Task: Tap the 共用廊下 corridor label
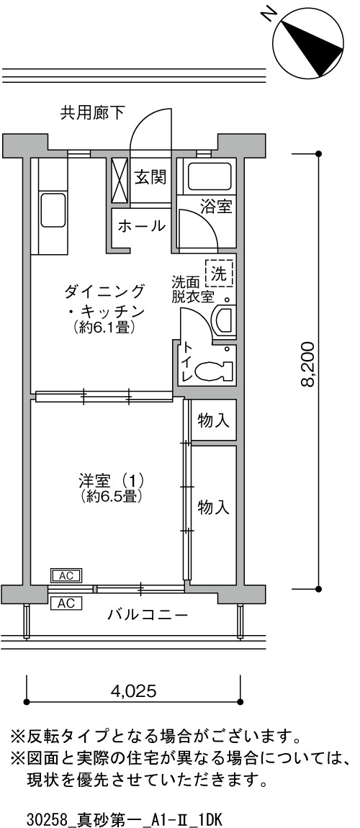pyautogui.click(x=92, y=112)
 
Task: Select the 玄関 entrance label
pyautogui.click(x=150, y=177)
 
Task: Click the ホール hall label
pyautogui.click(x=141, y=227)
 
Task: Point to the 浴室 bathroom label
pyautogui.click(x=216, y=207)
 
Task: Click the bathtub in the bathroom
pyautogui.click(x=210, y=176)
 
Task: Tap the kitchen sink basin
pyautogui.click(x=53, y=210)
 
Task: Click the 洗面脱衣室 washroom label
pyautogui.click(x=192, y=288)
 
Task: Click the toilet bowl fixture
pyautogui.click(x=215, y=371)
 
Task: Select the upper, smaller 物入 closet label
pyautogui.click(x=213, y=420)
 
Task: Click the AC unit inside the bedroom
pyautogui.click(x=66, y=575)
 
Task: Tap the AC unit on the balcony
pyautogui.click(x=66, y=603)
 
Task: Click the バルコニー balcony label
pyautogui.click(x=148, y=615)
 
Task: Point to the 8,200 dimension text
pyautogui.click(x=307, y=364)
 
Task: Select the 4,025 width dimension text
pyautogui.click(x=133, y=691)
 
